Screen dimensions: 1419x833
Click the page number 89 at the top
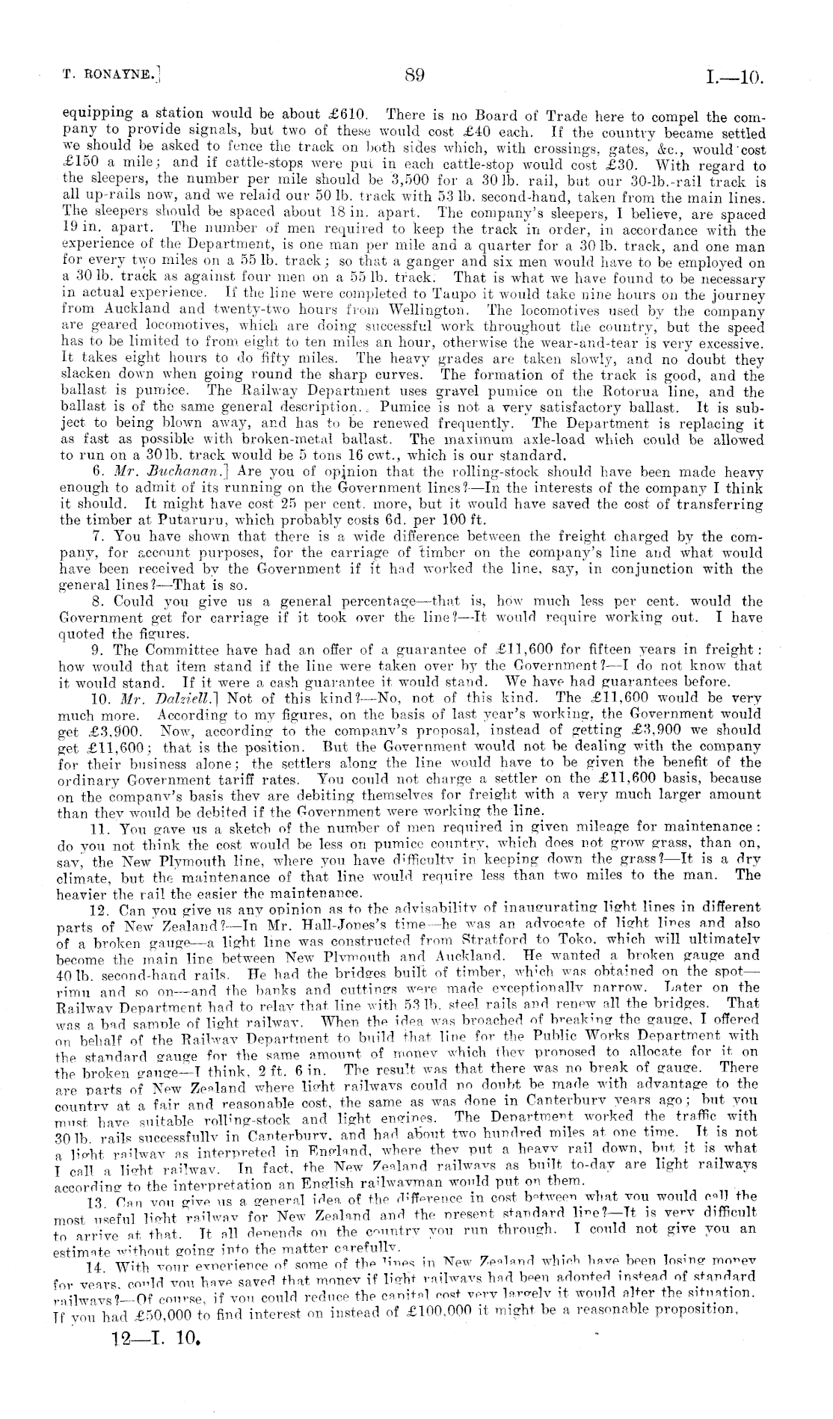415,75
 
